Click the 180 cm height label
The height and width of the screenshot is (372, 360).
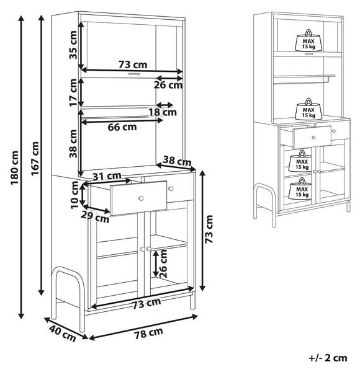point(14,168)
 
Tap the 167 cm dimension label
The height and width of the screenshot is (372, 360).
point(35,159)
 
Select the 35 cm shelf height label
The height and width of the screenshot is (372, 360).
point(73,45)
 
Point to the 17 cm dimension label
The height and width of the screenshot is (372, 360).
point(73,92)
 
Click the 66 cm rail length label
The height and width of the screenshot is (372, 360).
point(122,127)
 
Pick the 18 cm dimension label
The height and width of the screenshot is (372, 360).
point(163,112)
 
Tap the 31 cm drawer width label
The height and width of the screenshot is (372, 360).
point(107,176)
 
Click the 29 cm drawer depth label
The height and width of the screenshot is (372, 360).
point(95,217)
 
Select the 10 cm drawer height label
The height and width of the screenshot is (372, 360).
point(74,195)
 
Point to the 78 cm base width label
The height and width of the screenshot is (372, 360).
point(148,334)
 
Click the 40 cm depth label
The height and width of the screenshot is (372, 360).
point(63,334)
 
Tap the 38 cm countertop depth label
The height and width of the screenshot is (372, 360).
point(177,161)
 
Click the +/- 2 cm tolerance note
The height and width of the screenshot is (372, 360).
point(328,358)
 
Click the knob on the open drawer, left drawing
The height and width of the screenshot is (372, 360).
point(141,198)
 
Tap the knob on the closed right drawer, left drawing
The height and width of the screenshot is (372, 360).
point(171,188)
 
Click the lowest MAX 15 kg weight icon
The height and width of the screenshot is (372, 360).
point(302,188)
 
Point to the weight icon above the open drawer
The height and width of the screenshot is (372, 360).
point(308,109)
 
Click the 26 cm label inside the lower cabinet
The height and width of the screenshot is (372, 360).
point(163,263)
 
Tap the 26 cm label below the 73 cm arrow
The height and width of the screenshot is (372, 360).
point(168,85)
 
